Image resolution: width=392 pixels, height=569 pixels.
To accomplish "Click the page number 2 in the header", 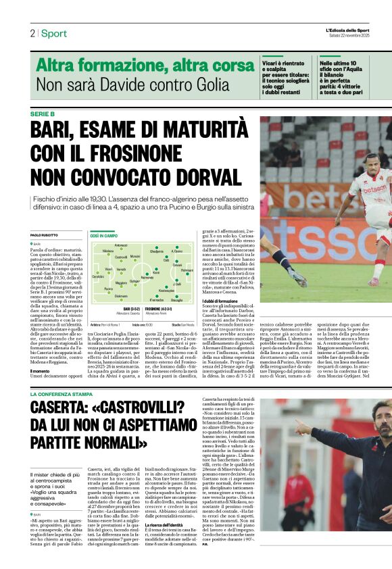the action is (x=32, y=33).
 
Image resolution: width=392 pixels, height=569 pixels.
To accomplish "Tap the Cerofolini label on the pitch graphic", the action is (x=98, y=276).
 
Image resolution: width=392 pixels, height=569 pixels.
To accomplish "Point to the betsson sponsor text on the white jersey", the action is (x=374, y=190).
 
